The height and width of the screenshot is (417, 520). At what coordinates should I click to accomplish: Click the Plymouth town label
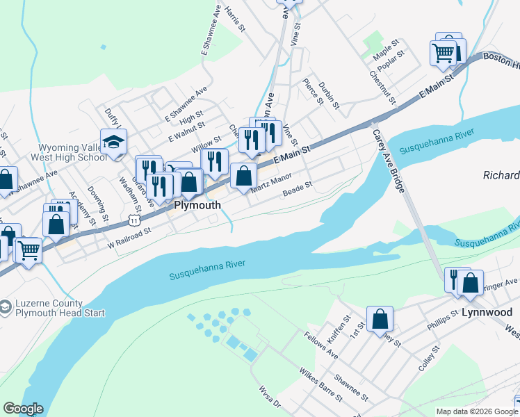[x=197, y=205]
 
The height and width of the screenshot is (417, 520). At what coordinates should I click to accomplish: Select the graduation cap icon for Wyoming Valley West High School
[x=114, y=142]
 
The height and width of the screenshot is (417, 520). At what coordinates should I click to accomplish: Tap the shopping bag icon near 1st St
[x=380, y=319]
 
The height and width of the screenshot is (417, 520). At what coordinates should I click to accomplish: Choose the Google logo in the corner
[x=23, y=409]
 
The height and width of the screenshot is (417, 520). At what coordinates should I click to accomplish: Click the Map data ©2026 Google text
[x=477, y=411]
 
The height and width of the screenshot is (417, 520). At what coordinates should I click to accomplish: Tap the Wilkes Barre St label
[x=321, y=384]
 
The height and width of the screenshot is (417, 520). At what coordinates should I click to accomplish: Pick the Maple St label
[x=387, y=51]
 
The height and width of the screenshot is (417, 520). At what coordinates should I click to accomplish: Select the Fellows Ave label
[x=320, y=345]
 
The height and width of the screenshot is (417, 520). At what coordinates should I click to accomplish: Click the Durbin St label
[x=328, y=96]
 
